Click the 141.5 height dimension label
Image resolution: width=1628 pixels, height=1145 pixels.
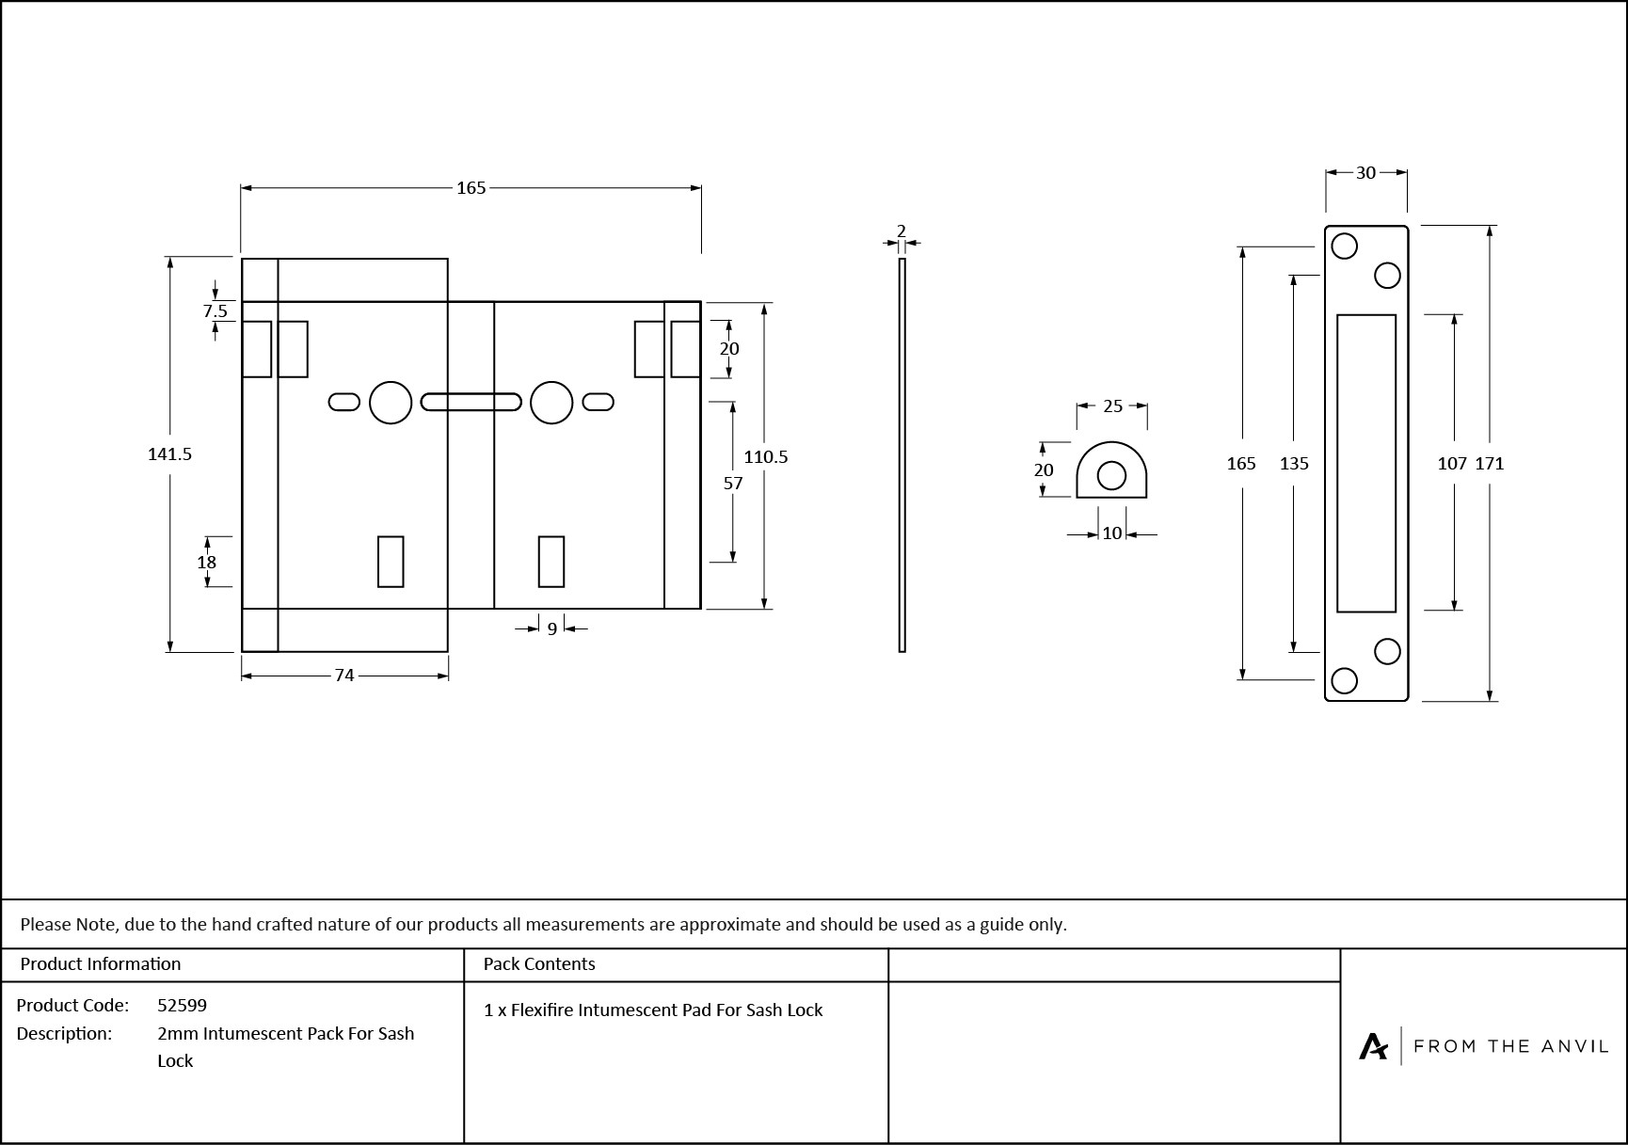tap(169, 454)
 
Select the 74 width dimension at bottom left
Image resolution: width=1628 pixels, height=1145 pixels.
tap(344, 676)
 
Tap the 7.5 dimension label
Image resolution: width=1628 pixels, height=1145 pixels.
tap(215, 311)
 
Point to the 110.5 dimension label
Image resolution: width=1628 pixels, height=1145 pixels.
tap(765, 457)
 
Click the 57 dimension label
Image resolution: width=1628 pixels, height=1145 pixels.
tap(733, 484)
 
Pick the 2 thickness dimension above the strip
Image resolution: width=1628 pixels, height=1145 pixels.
tap(902, 231)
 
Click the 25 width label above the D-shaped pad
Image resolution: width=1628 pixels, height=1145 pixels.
tap(1112, 406)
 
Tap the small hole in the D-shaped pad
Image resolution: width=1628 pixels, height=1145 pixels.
tap(1111, 476)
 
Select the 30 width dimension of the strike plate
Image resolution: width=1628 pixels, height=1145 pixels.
tap(1365, 173)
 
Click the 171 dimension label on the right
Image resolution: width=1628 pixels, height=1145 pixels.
tap(1490, 464)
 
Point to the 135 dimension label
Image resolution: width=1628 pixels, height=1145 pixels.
tap(1294, 464)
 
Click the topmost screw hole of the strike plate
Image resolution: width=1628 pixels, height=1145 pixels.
tap(1345, 246)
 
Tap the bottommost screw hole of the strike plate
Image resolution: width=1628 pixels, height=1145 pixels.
tap(1345, 680)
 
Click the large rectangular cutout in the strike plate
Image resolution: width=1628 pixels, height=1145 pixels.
tap(1366, 463)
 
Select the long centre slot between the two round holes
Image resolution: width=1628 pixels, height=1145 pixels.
tap(471, 403)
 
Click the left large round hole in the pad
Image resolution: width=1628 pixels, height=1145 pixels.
tap(391, 403)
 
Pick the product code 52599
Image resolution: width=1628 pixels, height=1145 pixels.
tap(182, 1005)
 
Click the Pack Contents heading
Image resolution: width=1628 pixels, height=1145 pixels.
tap(539, 964)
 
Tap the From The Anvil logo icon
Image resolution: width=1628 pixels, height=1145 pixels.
tap(1373, 1046)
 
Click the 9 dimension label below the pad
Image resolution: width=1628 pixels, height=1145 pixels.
tap(552, 628)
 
